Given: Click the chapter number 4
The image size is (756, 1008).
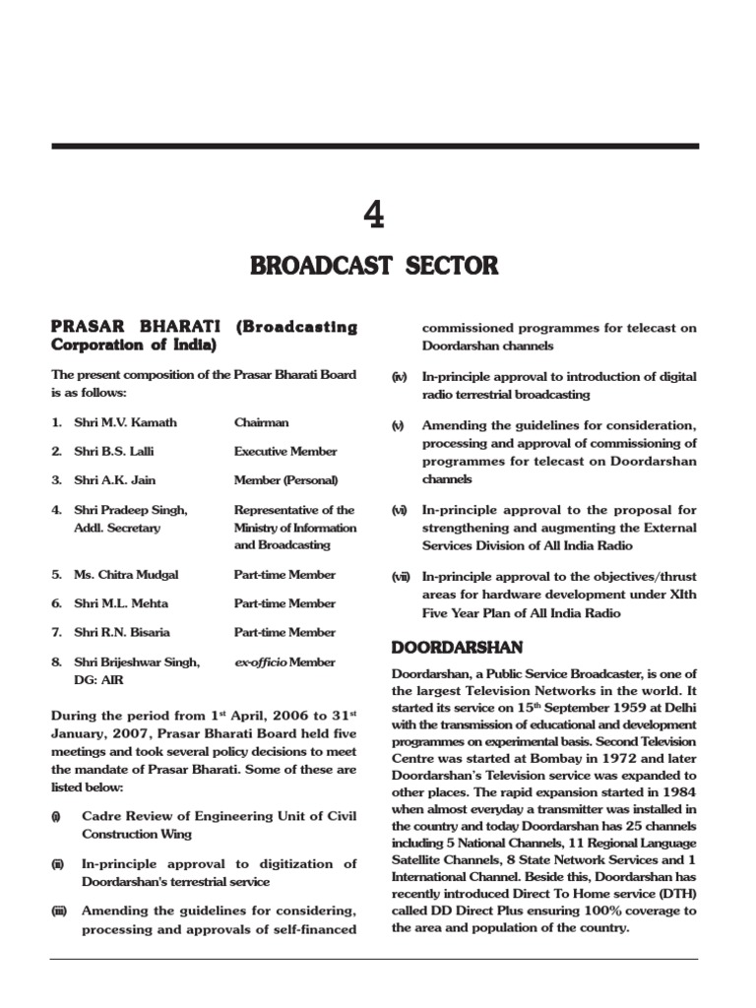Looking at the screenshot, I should pyautogui.click(x=374, y=214).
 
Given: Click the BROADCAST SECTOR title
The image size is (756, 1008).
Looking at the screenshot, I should pyautogui.click(x=374, y=266).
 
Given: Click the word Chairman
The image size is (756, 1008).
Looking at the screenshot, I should pyautogui.click(x=261, y=422).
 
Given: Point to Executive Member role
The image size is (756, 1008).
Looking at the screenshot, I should pyautogui.click(x=284, y=452).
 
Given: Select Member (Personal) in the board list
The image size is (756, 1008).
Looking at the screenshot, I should pyautogui.click(x=285, y=480).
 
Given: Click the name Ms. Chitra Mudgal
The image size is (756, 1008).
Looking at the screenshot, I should pyautogui.click(x=126, y=574).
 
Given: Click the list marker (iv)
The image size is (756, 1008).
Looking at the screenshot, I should pyautogui.click(x=399, y=377).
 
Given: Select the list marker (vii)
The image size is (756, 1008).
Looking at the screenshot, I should pyautogui.click(x=400, y=577).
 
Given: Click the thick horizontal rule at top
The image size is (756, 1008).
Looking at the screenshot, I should pyautogui.click(x=374, y=146).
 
